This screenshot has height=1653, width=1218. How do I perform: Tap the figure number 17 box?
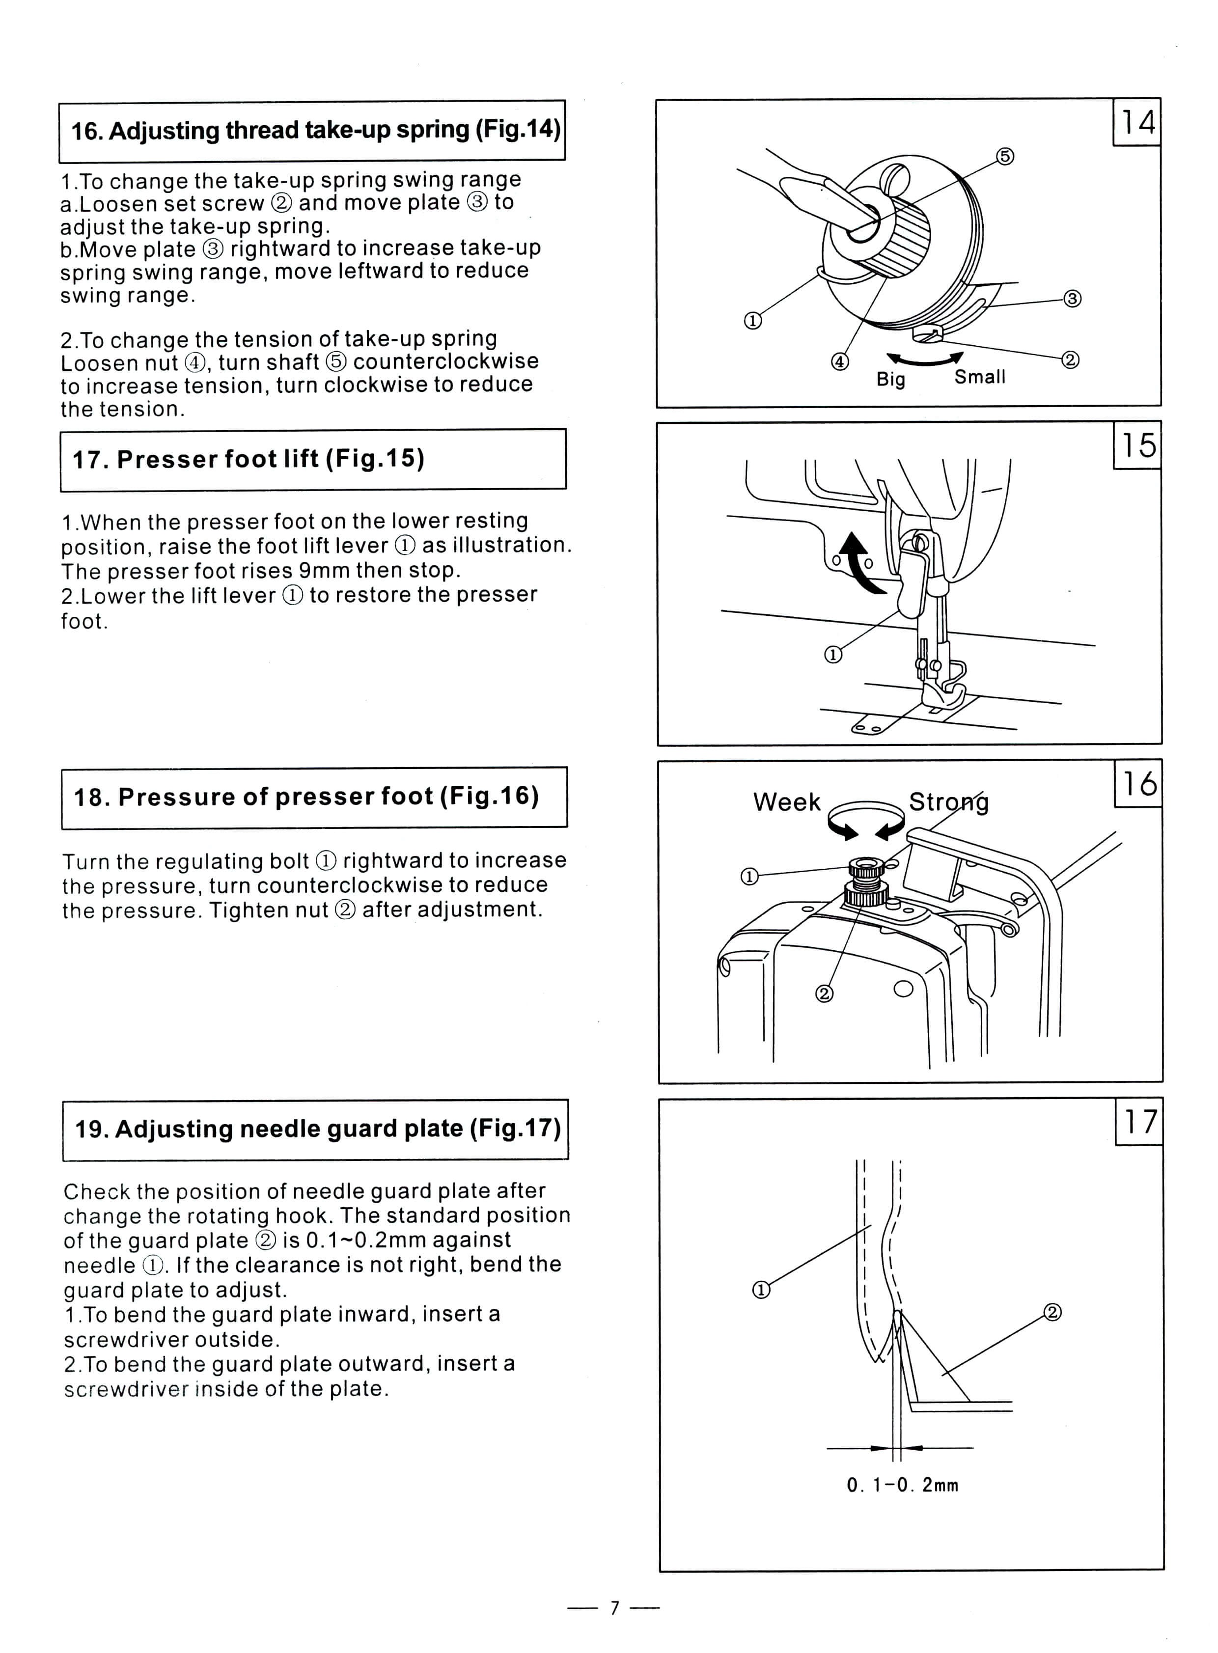(x=1139, y=1122)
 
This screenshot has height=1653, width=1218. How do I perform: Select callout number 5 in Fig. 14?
(x=1005, y=156)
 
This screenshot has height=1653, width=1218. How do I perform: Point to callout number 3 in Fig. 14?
(x=1072, y=299)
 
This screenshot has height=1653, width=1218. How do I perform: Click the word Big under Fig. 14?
(x=890, y=379)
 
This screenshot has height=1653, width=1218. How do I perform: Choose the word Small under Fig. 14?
(x=980, y=377)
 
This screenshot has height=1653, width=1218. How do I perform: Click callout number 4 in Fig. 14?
(x=840, y=362)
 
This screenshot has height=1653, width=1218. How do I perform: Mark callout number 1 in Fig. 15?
(x=832, y=655)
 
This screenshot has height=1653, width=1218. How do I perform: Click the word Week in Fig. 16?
(x=787, y=802)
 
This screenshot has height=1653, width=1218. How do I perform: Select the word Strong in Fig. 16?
(x=948, y=802)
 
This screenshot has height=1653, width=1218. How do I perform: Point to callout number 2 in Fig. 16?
(x=824, y=994)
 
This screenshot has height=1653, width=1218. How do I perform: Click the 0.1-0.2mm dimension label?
(x=902, y=1485)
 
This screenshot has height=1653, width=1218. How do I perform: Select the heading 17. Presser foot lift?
(x=249, y=459)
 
